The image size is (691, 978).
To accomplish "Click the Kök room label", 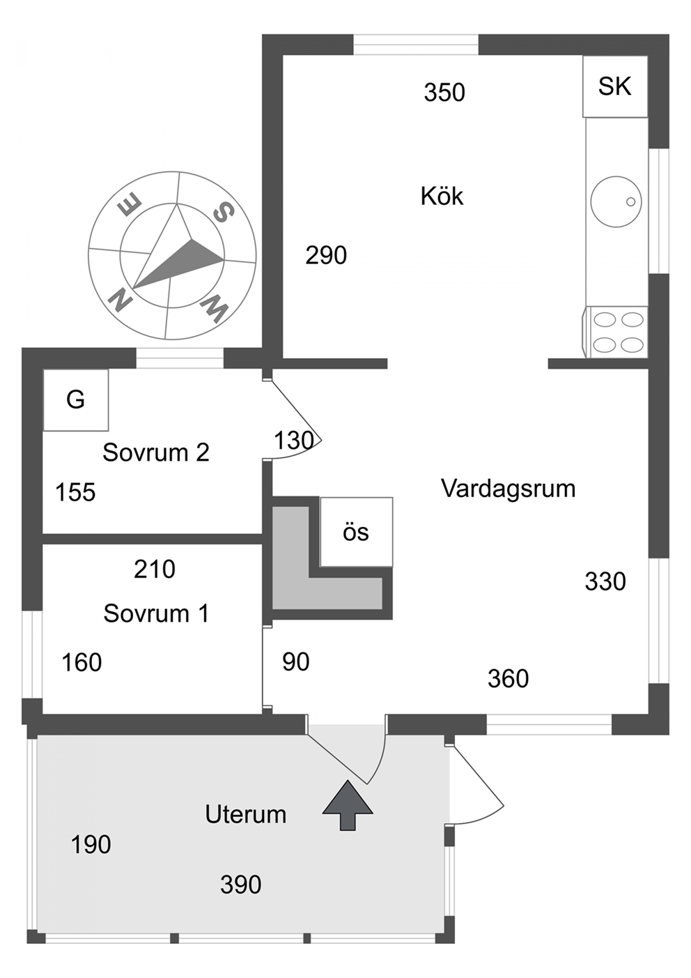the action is [x=442, y=196].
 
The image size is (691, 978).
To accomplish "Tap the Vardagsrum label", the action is [x=508, y=488].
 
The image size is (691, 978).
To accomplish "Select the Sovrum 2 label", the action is [x=156, y=452].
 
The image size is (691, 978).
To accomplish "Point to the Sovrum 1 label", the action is [x=156, y=613].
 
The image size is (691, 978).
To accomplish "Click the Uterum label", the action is [x=246, y=814].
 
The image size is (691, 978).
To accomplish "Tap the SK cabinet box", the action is [x=615, y=86].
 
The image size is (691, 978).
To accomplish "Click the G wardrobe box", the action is [x=76, y=400].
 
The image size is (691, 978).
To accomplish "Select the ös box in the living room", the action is [x=357, y=533].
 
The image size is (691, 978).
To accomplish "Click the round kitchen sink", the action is [x=616, y=201].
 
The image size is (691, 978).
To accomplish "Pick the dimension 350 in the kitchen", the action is [x=444, y=93].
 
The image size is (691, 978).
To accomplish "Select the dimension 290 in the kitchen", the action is [x=326, y=255].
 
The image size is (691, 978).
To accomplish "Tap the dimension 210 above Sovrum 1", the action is [x=155, y=570].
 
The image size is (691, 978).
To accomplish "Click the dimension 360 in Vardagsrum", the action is [x=508, y=678].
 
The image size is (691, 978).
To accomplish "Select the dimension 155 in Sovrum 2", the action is [x=75, y=493].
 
